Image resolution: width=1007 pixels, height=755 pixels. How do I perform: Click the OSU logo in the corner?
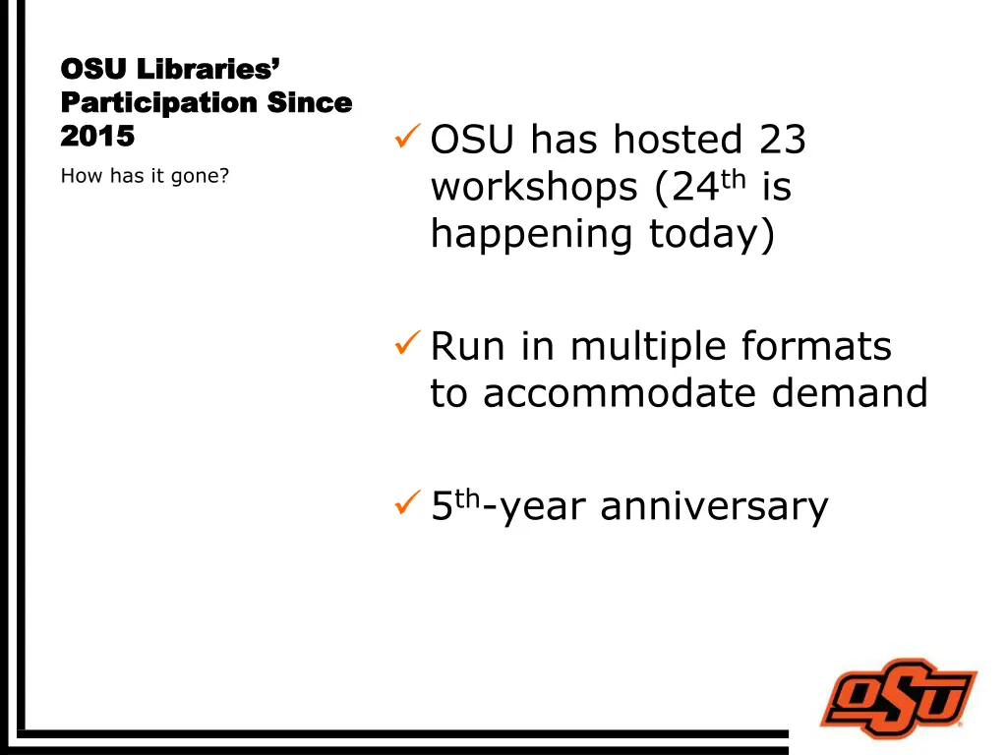click(898, 699)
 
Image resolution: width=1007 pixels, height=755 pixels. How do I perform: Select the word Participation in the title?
click(158, 102)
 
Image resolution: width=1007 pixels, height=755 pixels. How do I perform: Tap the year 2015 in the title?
click(97, 136)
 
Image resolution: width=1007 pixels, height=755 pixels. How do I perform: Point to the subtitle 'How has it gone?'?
click(145, 177)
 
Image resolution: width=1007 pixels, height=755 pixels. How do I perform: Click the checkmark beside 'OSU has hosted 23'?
click(408, 139)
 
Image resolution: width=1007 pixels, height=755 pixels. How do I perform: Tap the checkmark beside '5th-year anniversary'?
click(407, 505)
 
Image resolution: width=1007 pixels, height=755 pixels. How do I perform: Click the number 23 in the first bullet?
click(782, 140)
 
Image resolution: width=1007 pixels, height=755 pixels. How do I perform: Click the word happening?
click(532, 236)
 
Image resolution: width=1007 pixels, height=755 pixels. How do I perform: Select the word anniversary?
click(714, 506)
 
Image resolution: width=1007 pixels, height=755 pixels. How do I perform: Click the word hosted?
click(678, 140)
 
